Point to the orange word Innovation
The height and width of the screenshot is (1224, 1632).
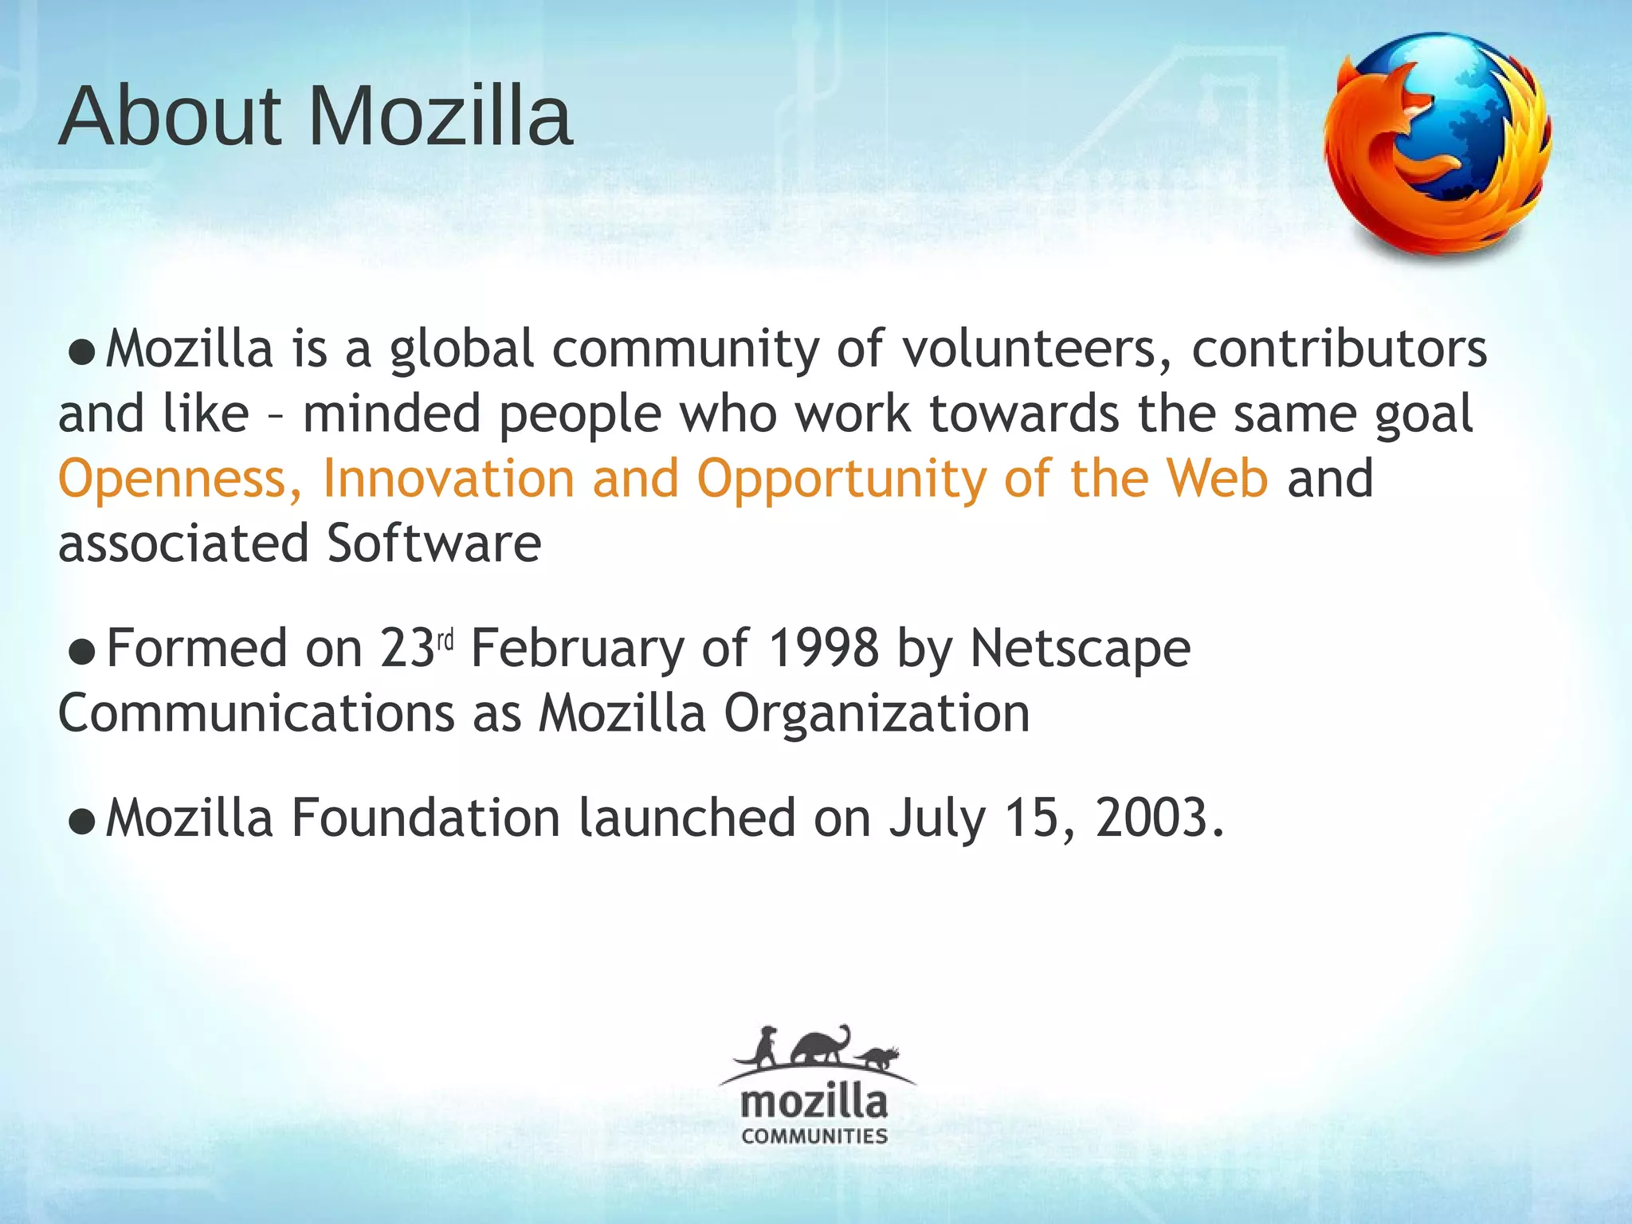click(x=448, y=478)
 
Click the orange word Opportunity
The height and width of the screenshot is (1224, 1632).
click(x=841, y=480)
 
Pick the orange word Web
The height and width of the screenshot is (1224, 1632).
click(x=1217, y=478)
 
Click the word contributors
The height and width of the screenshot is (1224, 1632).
click(x=1340, y=349)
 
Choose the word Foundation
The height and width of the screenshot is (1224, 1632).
click(x=426, y=818)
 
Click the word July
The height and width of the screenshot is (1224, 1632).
click(x=937, y=819)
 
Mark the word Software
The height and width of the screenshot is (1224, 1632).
click(x=434, y=543)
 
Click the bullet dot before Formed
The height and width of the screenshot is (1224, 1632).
click(x=82, y=652)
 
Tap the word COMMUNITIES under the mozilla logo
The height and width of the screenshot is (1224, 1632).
click(x=814, y=1136)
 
